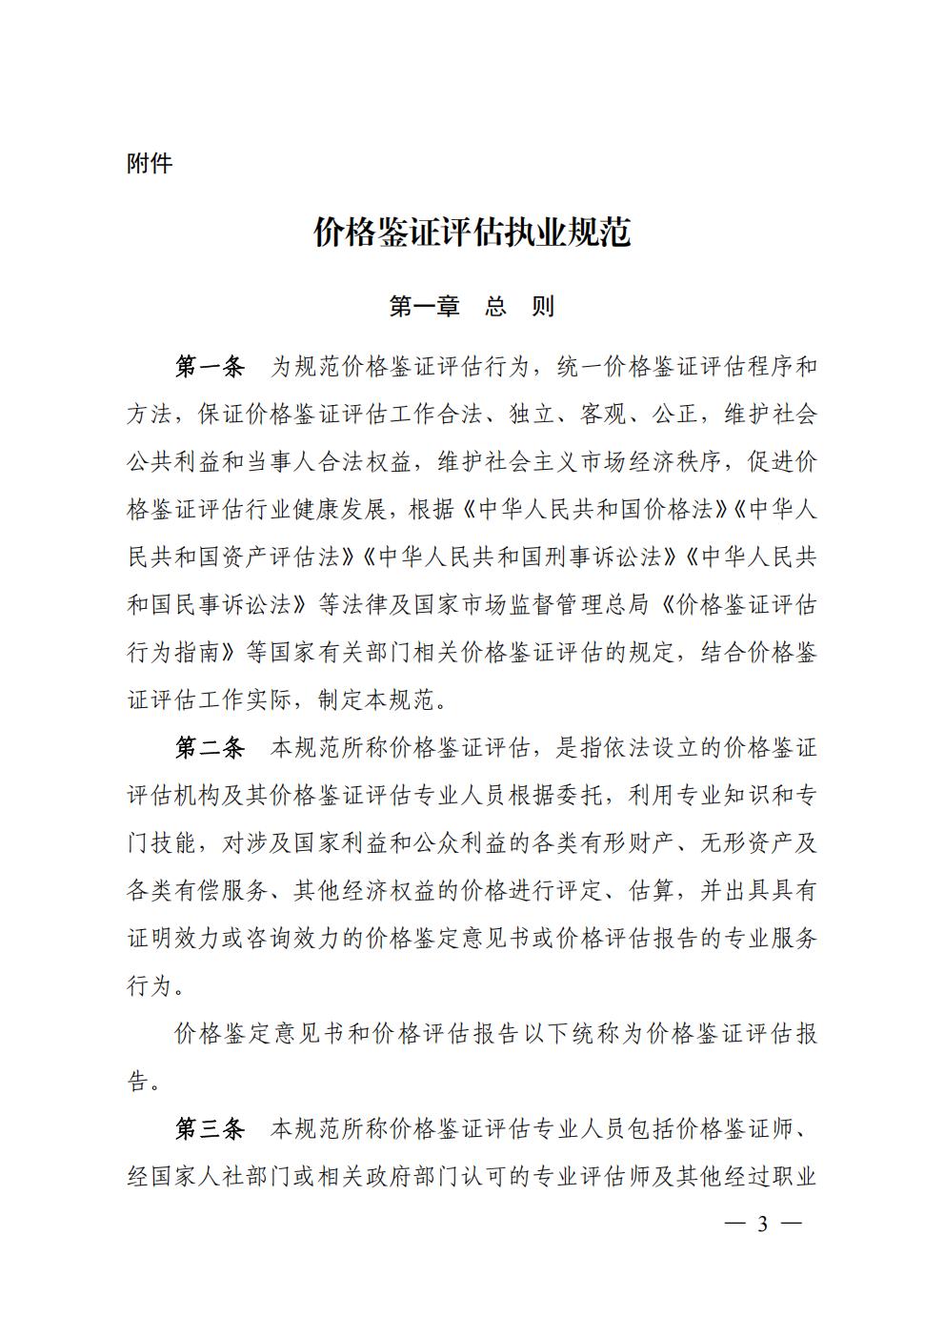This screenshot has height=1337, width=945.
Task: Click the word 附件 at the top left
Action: click(x=150, y=164)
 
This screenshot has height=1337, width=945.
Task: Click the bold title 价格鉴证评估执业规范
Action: click(x=472, y=233)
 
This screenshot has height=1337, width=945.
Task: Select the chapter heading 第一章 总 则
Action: click(x=472, y=306)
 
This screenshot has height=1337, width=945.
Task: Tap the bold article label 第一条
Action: click(x=210, y=367)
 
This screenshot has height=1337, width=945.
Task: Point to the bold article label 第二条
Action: click(x=210, y=748)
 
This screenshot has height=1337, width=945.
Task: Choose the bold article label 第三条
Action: click(x=210, y=1129)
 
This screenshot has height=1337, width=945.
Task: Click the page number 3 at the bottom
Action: click(x=762, y=1225)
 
